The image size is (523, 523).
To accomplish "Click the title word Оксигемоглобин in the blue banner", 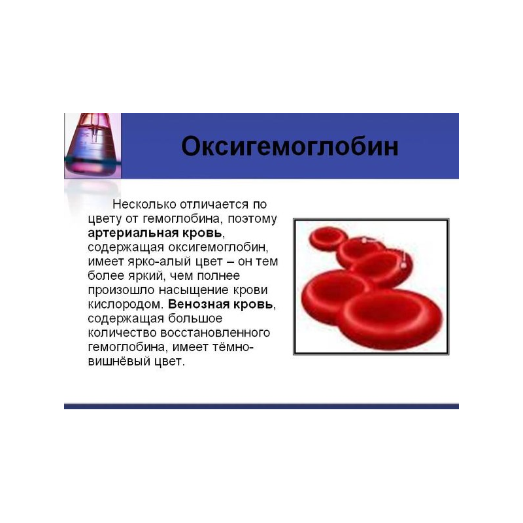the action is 290,146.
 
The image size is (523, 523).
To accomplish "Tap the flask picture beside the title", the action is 93,146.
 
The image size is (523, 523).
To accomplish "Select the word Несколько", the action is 144,204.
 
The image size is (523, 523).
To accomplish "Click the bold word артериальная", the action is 133,233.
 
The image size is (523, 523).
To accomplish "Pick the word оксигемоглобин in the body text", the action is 218,248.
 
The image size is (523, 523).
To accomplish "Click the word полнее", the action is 218,276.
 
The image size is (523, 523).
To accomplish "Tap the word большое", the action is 195,318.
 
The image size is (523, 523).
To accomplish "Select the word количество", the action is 122,333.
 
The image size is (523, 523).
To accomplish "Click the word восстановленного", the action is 215,333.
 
